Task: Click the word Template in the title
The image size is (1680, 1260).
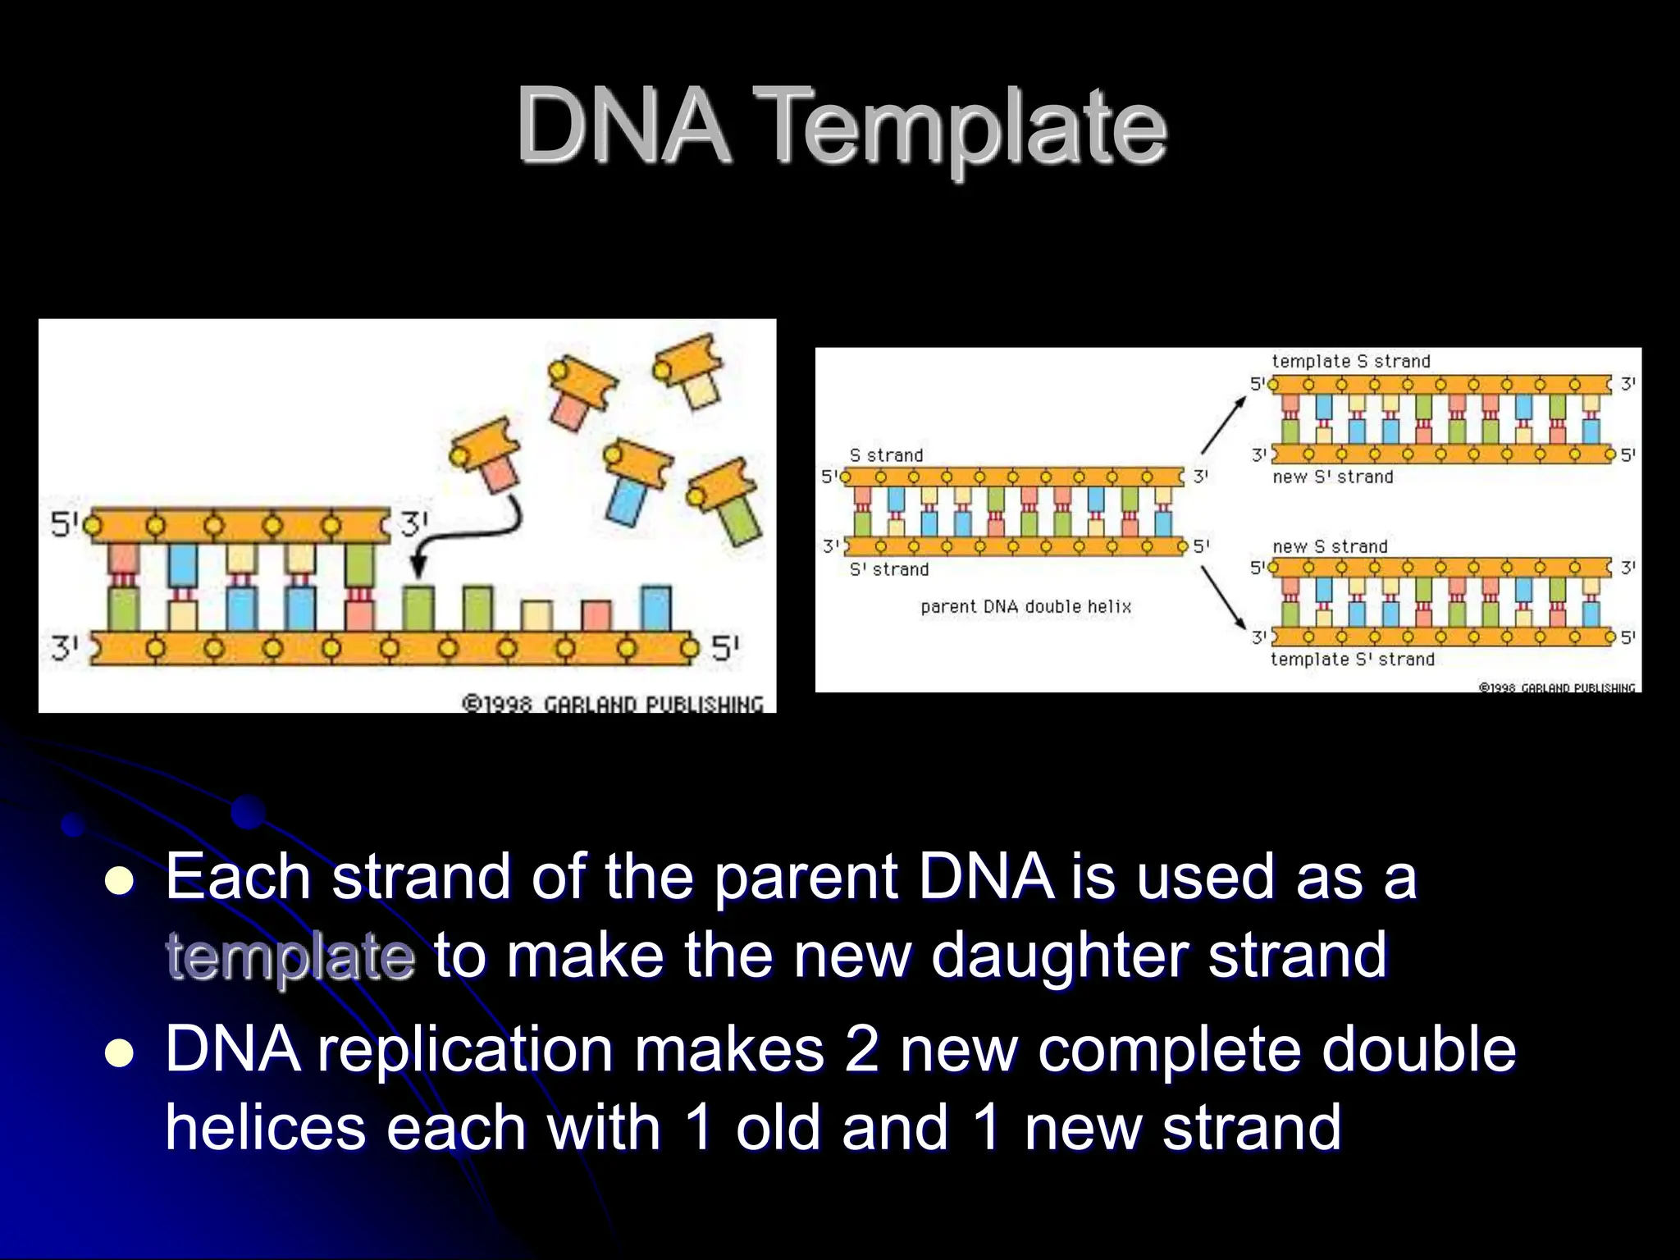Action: (965, 127)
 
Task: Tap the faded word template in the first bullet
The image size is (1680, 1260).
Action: (290, 956)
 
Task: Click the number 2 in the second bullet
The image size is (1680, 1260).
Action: (861, 1050)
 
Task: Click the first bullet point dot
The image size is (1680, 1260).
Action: (120, 882)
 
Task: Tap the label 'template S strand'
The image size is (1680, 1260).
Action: (1350, 361)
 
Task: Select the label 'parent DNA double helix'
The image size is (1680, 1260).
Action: (1025, 607)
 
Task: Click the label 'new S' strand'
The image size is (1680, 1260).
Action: (1332, 477)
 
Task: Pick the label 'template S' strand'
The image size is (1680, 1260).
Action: (1352, 660)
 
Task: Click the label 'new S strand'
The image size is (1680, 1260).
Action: (1330, 546)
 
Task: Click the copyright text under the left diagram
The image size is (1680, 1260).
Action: (612, 704)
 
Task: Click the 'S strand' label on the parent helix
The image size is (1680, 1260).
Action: (886, 455)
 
